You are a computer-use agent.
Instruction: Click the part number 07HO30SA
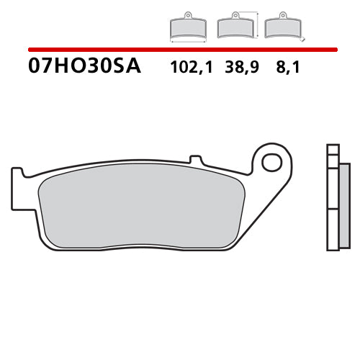pos(85,68)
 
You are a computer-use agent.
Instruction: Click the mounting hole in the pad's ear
pos(271,162)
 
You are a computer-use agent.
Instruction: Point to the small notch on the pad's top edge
pos(193,158)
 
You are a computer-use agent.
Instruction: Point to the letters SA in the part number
pos(128,68)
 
